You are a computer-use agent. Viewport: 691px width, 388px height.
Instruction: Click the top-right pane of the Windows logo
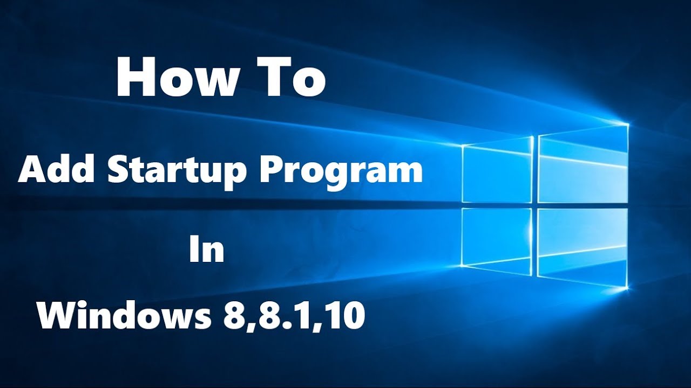click(x=584, y=164)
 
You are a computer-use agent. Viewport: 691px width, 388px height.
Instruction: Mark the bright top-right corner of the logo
click(x=628, y=124)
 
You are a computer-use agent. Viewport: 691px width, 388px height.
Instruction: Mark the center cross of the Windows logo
click(x=536, y=206)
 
